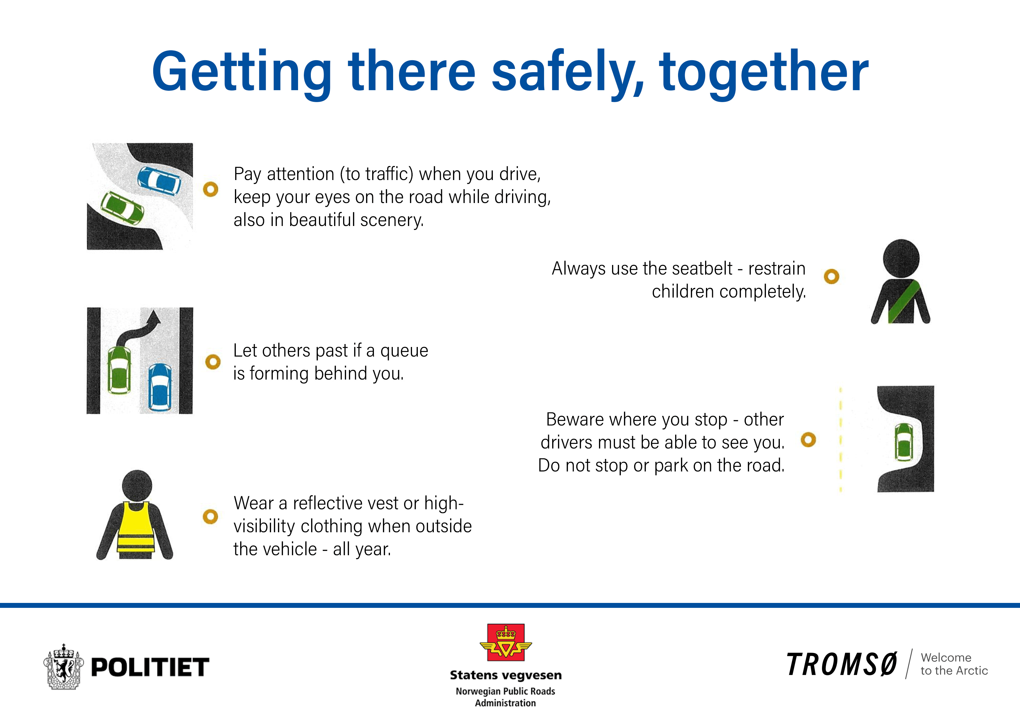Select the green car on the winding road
(x=122, y=207)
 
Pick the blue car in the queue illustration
(x=159, y=387)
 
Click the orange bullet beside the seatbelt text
(x=831, y=277)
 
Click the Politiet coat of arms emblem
(x=63, y=666)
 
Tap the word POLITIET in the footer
(x=150, y=667)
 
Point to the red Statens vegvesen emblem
(x=506, y=642)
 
